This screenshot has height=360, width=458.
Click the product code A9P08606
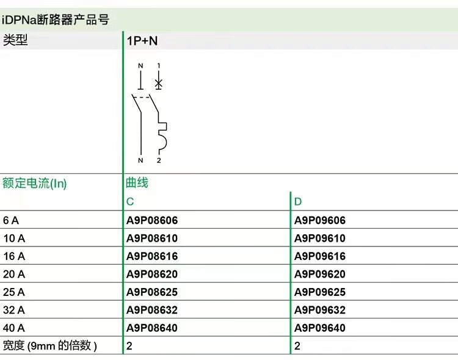click(x=152, y=220)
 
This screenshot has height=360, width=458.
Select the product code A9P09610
click(x=319, y=239)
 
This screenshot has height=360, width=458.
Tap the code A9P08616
click(x=152, y=256)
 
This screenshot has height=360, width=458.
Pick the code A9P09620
click(x=319, y=274)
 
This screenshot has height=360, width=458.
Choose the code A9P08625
click(x=152, y=292)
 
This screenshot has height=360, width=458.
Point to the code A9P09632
click(x=319, y=310)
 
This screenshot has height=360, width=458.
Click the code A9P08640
click(x=152, y=328)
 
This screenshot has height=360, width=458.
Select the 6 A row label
click(x=11, y=220)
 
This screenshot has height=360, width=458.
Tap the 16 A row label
click(x=13, y=256)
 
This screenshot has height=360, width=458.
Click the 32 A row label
click(x=13, y=310)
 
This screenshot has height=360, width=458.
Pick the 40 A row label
click(x=13, y=328)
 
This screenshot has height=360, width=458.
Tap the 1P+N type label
click(x=142, y=41)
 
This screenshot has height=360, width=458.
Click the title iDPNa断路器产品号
click(x=56, y=20)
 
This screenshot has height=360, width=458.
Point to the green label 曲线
click(x=137, y=182)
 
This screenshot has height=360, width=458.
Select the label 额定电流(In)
click(x=34, y=182)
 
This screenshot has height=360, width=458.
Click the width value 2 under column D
click(x=297, y=346)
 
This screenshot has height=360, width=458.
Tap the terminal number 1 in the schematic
click(x=159, y=65)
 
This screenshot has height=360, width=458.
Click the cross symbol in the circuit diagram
click(x=159, y=82)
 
